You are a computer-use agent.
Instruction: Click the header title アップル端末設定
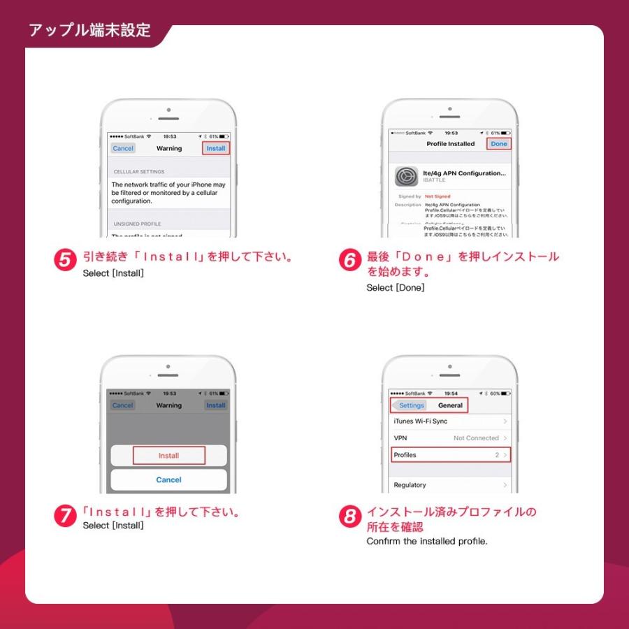[89, 31]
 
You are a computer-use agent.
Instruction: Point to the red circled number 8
[349, 517]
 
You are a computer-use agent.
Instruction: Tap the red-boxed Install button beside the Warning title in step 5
[216, 148]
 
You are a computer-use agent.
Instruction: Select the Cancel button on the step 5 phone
[123, 148]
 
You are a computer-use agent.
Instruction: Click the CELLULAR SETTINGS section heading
[139, 171]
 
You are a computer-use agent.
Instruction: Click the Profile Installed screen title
[450, 144]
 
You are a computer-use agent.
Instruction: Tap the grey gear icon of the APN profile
[407, 176]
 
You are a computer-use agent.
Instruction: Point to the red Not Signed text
[438, 196]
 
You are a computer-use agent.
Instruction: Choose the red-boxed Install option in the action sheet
[168, 456]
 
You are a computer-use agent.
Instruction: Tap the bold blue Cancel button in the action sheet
[168, 480]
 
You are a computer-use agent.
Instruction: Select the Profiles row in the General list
[450, 455]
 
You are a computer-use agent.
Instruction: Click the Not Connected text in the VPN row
[476, 438]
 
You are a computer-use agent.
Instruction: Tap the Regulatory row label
[410, 485]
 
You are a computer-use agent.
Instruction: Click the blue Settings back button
[410, 405]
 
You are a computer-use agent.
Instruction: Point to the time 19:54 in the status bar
[451, 393]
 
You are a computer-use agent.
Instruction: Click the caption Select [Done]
[395, 288]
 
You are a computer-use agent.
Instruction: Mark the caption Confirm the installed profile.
[427, 541]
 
